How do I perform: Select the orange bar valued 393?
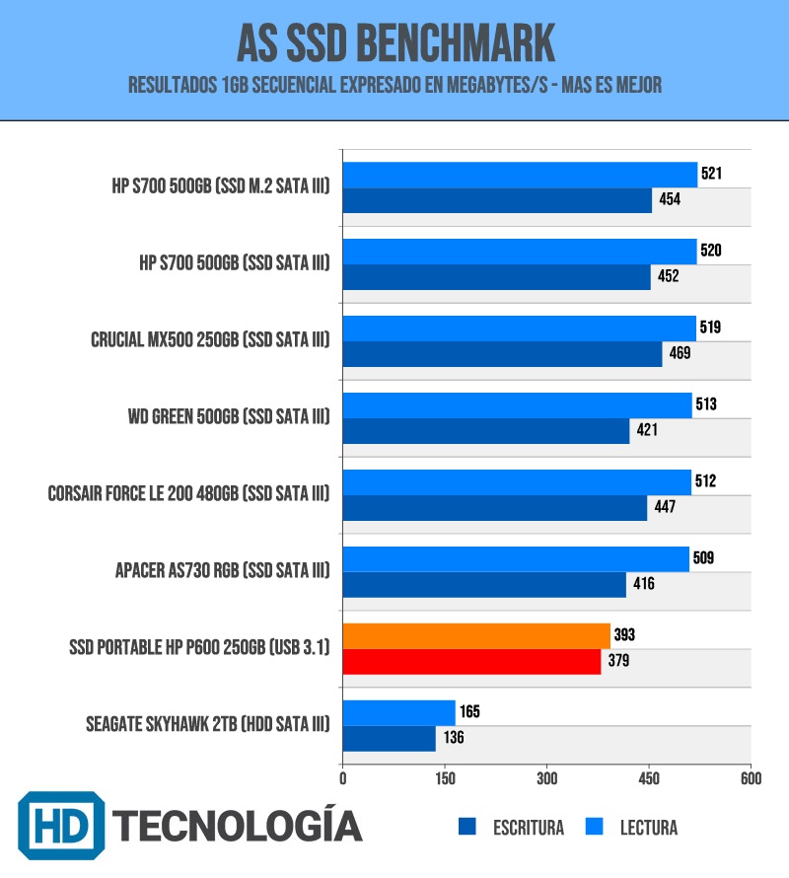click(x=476, y=636)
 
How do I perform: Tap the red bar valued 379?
click(x=471, y=662)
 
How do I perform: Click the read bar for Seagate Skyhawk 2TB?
click(x=399, y=712)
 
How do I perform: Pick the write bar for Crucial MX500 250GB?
click(x=502, y=354)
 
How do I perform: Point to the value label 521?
click(x=712, y=175)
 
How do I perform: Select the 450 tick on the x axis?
click(x=649, y=778)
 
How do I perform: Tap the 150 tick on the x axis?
click(x=445, y=778)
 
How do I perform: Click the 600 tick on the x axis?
click(x=751, y=778)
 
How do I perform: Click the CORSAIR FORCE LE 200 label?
click(x=188, y=494)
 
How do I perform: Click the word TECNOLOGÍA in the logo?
click(x=237, y=825)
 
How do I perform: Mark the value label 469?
click(x=680, y=354)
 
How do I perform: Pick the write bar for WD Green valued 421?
click(x=486, y=431)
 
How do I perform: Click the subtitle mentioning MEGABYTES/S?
click(x=394, y=87)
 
